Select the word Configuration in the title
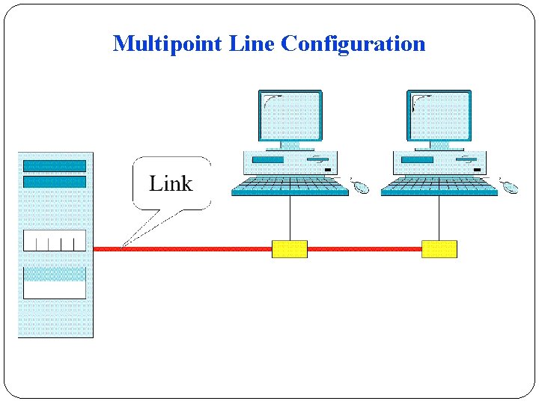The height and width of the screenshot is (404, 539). [x=353, y=43]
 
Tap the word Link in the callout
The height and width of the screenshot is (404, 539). [x=171, y=183]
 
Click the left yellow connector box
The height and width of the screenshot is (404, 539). [x=289, y=249]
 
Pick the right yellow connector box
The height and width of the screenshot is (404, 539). [x=439, y=249]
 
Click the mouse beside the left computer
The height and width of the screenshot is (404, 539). [x=361, y=186]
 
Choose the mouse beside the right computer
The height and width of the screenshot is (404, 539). [x=510, y=186]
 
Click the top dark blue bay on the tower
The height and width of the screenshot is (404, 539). [x=55, y=166]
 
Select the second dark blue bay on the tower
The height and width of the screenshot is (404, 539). [x=55, y=182]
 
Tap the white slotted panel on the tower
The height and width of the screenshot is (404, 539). [x=55, y=241]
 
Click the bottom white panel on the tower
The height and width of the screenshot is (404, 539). [x=55, y=288]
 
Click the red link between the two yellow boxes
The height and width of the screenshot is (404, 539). [x=364, y=249]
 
